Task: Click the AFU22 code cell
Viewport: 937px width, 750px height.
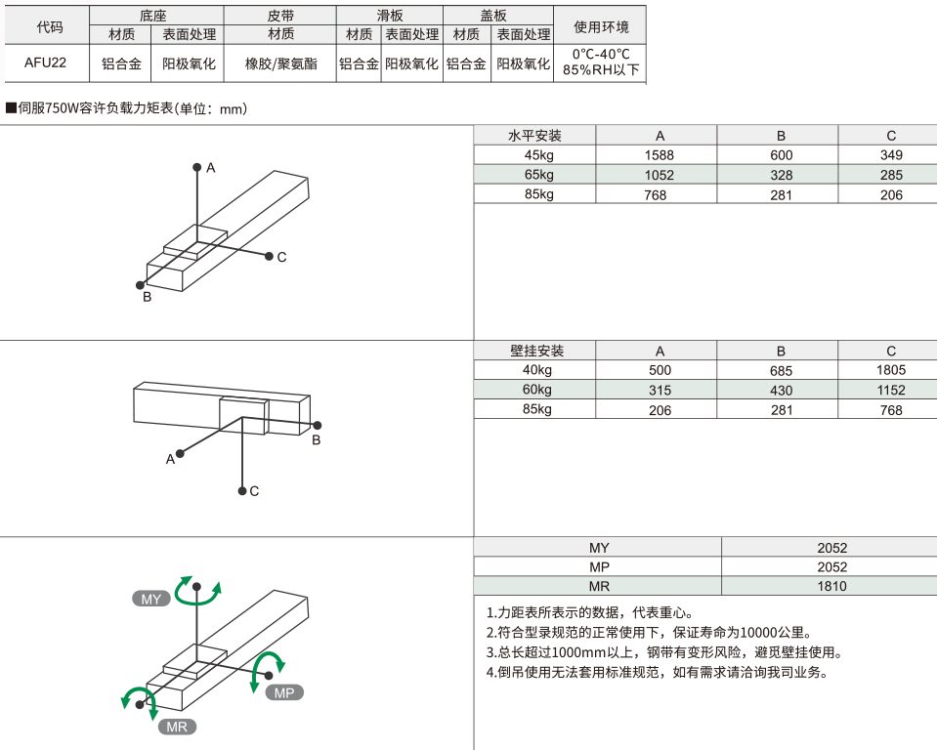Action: pos(46,64)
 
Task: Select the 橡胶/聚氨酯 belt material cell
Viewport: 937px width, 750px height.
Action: pos(280,64)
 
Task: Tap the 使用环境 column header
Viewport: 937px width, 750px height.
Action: pos(601,25)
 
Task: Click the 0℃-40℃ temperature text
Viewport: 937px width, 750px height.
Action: pos(601,55)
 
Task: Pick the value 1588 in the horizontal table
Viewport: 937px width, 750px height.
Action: pos(660,155)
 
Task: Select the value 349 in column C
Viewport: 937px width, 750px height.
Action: pos(891,155)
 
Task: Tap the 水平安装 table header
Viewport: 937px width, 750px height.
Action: pos(535,136)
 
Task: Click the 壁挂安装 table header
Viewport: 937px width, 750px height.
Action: pos(536,351)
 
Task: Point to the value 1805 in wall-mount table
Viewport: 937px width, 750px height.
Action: pos(891,370)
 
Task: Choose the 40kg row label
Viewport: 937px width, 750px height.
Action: pos(537,370)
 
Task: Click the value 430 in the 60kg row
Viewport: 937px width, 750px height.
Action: pos(781,391)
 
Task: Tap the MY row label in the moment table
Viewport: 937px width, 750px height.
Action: pos(599,548)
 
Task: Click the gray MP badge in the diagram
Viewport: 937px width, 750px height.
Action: pos(284,692)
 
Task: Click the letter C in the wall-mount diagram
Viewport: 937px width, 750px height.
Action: pos(254,491)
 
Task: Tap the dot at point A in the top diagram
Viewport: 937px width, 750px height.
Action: pos(197,167)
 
